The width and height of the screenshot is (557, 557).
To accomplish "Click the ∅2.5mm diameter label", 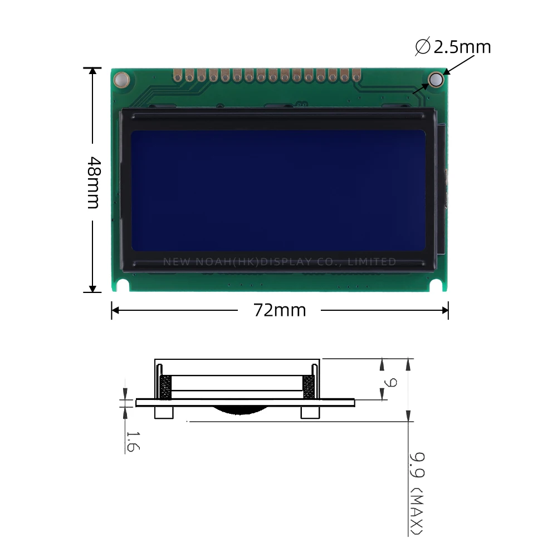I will coord(453,47).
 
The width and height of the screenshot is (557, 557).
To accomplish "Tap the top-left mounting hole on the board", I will coord(121,80).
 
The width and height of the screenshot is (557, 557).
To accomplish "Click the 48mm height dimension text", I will coord(93,182).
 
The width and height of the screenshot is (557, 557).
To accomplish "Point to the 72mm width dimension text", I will coord(280,310).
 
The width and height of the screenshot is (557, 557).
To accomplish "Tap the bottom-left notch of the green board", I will coord(123,286).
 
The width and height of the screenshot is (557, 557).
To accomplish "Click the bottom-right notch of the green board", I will coord(437,286).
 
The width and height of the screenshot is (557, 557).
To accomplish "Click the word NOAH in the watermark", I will coord(210,262).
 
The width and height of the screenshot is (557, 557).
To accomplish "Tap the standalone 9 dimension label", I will coord(392,383).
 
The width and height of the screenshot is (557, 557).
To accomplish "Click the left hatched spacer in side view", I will coord(165,388).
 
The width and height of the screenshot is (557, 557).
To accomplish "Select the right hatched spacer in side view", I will coord(309,388).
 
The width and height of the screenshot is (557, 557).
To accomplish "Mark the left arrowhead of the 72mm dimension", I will coord(115,310).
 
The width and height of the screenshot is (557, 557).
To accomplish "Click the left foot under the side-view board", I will coord(164,412).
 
